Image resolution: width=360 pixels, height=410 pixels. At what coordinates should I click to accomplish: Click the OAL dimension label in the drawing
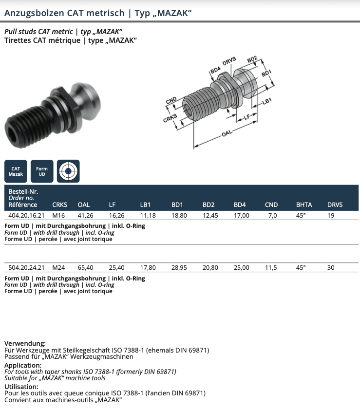point(227,133)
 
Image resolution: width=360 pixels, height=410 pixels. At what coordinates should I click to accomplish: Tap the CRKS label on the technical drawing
point(170,119)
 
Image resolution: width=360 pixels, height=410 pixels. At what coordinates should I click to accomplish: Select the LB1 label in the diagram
point(266,101)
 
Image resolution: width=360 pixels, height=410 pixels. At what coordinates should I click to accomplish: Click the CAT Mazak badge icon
point(16,171)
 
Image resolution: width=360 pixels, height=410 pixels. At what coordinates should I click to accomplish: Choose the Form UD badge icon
point(42,171)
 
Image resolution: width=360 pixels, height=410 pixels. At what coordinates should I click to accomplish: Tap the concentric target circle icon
point(68,171)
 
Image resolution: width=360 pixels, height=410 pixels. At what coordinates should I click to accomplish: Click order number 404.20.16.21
point(27,215)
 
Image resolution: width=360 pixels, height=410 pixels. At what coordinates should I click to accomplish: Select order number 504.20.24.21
point(27,267)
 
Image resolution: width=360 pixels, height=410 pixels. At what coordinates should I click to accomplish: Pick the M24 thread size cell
point(59,267)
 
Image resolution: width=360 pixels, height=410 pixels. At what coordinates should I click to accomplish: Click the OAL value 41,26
point(86,215)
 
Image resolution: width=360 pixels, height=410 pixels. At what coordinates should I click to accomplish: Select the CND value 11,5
point(271,267)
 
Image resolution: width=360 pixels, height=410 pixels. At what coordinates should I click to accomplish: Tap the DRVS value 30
point(331,267)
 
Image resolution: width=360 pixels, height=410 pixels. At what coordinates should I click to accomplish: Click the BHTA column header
point(304,205)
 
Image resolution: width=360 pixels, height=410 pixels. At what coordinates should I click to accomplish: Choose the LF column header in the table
point(112,205)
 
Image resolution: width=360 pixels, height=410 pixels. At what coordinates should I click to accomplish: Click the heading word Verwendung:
point(25,343)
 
